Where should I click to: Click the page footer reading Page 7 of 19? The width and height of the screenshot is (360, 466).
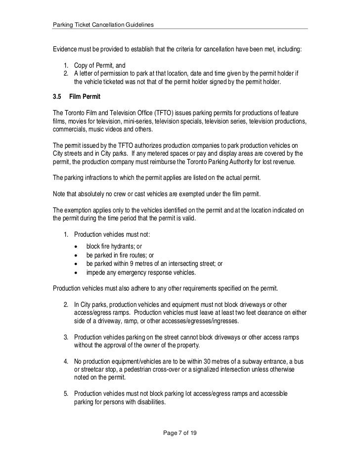(180, 433)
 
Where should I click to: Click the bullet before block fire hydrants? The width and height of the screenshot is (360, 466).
(76, 247)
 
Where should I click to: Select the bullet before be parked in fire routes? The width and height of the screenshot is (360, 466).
(76, 255)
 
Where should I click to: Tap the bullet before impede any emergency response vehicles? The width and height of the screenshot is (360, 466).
(76, 273)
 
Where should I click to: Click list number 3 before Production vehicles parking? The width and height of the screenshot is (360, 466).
(66, 337)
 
